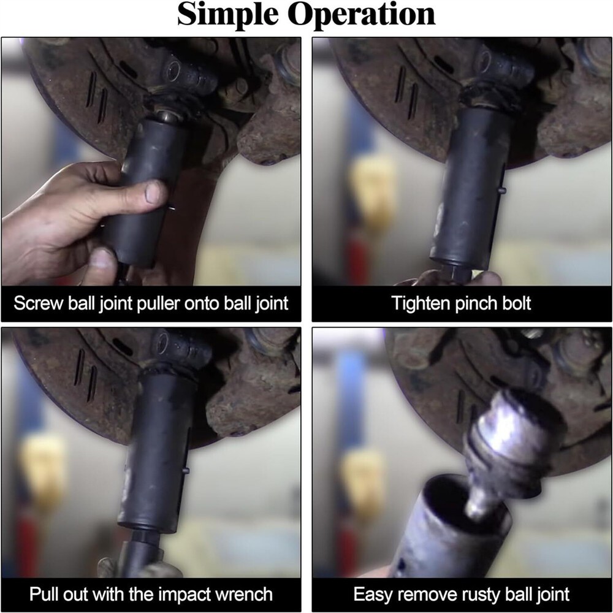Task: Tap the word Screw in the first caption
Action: point(38,303)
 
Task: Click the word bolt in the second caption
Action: point(516,303)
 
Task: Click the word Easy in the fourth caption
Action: point(373,595)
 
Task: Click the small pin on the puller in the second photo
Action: point(502,191)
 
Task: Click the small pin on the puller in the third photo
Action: point(186,471)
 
